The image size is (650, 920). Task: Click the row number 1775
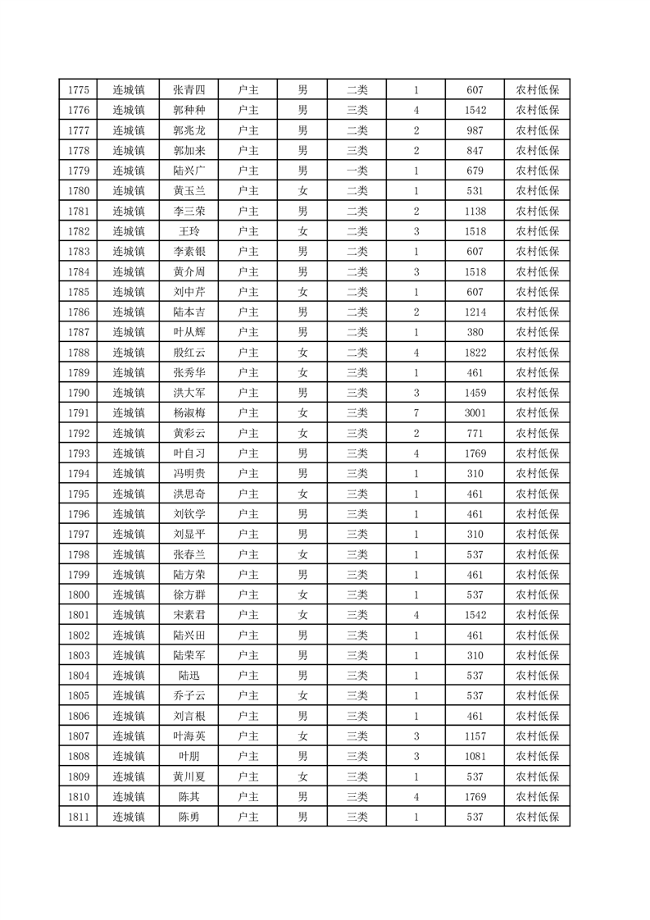(78, 90)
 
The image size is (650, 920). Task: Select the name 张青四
(189, 90)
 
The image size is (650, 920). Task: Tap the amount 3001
(475, 413)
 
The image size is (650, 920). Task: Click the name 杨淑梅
(189, 413)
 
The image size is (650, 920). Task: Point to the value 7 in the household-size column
(416, 413)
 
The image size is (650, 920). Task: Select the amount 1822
(475, 353)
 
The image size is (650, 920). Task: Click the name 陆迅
(189, 676)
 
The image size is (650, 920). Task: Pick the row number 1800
(78, 594)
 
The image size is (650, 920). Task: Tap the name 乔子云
(189, 695)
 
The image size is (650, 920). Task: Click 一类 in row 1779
(357, 171)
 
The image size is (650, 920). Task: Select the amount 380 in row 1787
(475, 332)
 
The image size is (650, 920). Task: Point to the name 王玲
(189, 231)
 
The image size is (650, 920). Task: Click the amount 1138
(475, 212)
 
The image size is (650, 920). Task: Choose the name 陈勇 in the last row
(189, 817)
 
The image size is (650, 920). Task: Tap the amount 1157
(475, 736)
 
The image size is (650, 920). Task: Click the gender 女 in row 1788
(302, 353)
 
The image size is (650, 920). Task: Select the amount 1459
(475, 393)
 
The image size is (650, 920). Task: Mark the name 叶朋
(189, 756)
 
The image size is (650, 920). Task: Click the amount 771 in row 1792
(475, 433)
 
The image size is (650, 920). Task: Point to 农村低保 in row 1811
(537, 817)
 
